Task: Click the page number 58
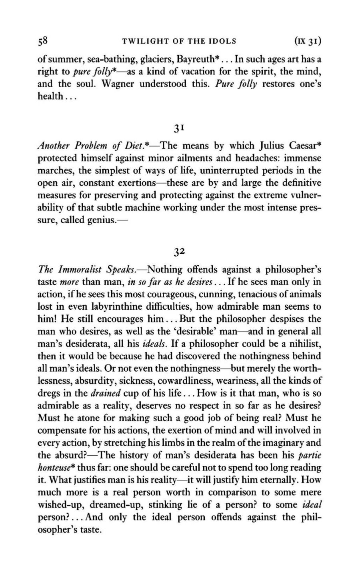(43, 40)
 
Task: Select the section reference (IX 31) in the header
(308, 40)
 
